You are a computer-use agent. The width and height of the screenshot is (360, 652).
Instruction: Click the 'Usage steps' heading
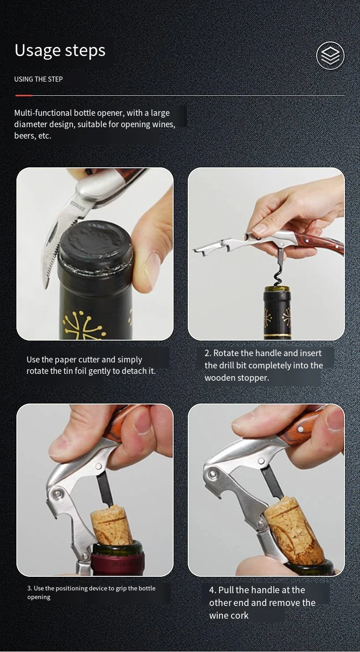tap(60, 51)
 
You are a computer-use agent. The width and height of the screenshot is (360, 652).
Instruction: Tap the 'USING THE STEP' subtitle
tap(38, 79)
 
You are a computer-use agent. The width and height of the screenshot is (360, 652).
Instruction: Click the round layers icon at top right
tap(330, 56)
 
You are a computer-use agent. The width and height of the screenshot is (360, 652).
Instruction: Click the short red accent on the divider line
tap(24, 96)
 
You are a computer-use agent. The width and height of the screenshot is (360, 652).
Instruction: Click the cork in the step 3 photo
tap(111, 524)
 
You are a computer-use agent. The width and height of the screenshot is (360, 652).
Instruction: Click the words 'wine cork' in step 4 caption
tap(229, 616)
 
